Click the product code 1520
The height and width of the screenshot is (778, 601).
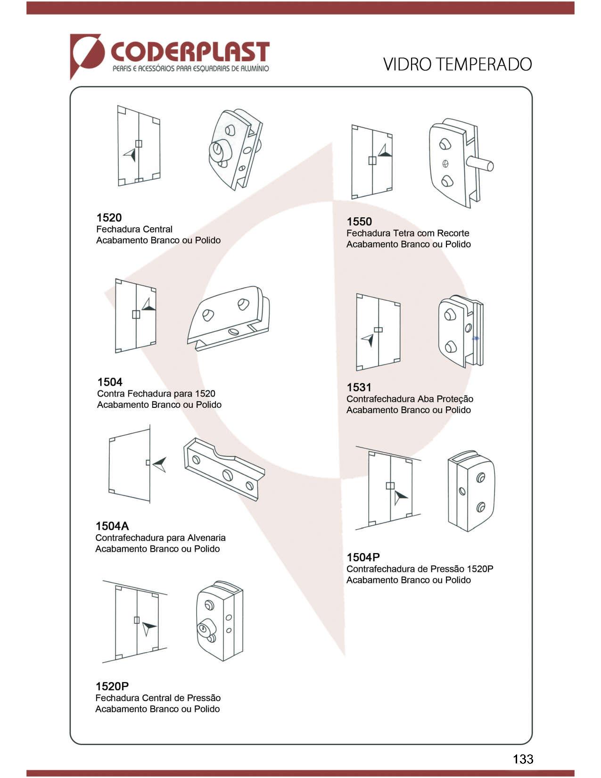[x=109, y=217]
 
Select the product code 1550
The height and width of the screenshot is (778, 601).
[x=359, y=222]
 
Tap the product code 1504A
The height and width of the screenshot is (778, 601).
[x=112, y=526]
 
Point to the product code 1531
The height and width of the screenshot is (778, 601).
[x=359, y=388]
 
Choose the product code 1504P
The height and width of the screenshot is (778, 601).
[x=363, y=557]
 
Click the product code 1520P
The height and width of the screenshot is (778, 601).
[x=112, y=686]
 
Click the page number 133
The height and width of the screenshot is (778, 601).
[x=523, y=759]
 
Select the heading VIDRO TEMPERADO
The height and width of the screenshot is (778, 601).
[x=457, y=64]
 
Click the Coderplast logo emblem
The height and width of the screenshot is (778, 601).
[x=87, y=54]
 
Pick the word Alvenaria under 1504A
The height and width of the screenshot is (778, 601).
[x=206, y=538]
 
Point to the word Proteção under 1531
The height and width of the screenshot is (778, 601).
[x=454, y=399]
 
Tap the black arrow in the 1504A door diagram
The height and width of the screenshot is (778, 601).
[x=160, y=464]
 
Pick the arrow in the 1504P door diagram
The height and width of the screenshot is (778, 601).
[x=401, y=497]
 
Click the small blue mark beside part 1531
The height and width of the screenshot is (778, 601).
[x=476, y=338]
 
